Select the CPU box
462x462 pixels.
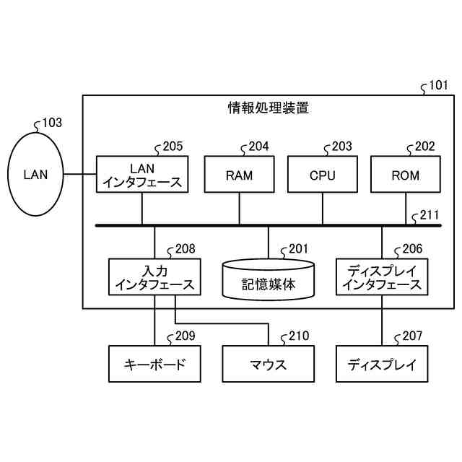click(x=323, y=175)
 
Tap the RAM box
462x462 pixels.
click(x=240, y=175)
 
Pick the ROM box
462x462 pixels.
click(x=406, y=175)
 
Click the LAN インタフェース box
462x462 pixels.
click(x=142, y=175)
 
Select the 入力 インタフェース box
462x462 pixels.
click(x=154, y=277)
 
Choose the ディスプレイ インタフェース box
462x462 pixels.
click(x=382, y=277)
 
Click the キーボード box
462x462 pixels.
click(x=154, y=364)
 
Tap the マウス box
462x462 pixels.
click(x=268, y=364)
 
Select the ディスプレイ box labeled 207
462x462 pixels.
click(x=382, y=364)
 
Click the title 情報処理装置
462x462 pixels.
click(x=268, y=109)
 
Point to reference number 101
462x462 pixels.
click(x=438, y=85)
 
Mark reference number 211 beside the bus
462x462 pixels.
click(x=429, y=214)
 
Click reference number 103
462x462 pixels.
click(x=53, y=123)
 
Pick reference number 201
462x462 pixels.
click(x=298, y=249)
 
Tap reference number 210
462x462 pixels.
click(x=298, y=336)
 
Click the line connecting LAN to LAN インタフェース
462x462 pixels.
click(x=79, y=175)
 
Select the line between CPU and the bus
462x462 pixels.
click(x=323, y=209)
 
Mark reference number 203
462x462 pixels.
click(x=342, y=147)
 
